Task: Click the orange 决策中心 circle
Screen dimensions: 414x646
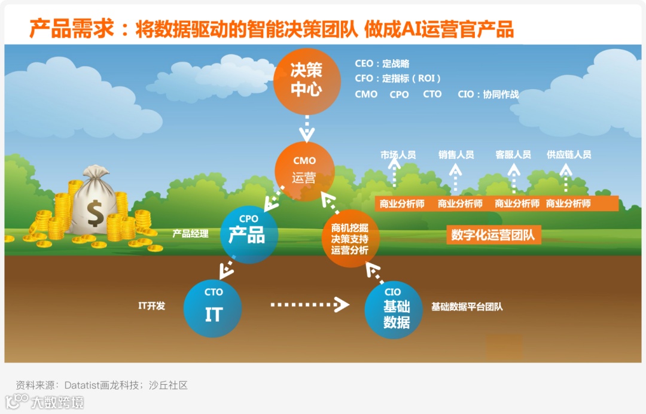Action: pyautogui.click(x=306, y=80)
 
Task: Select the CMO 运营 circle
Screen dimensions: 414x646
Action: pyautogui.click(x=304, y=171)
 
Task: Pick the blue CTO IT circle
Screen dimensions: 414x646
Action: pyautogui.click(x=213, y=309)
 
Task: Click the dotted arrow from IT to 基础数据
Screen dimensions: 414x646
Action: pyautogui.click(x=309, y=305)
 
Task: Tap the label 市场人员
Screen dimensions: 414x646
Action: pyautogui.click(x=398, y=155)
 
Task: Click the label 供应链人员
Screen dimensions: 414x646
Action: pyautogui.click(x=569, y=155)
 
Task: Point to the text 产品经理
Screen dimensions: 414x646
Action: pyautogui.click(x=190, y=234)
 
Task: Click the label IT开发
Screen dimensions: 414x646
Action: pyautogui.click(x=151, y=306)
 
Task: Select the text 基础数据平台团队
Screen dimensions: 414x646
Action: pyautogui.click(x=467, y=307)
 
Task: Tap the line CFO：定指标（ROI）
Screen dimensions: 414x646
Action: pyautogui.click(x=398, y=78)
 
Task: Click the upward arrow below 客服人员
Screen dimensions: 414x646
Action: pyautogui.click(x=513, y=178)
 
